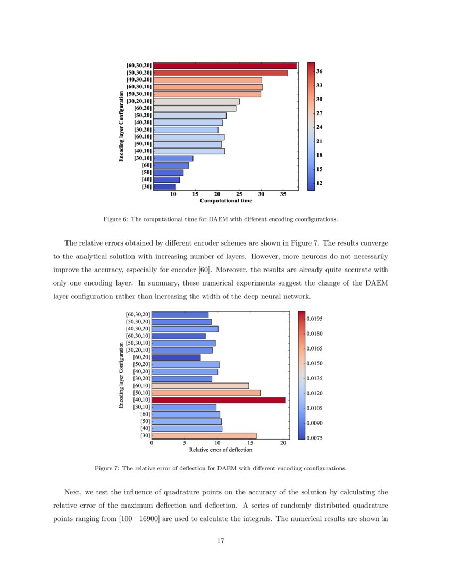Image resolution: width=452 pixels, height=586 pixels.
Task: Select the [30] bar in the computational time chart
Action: tap(164, 187)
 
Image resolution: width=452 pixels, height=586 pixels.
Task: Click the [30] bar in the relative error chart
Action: tap(204, 436)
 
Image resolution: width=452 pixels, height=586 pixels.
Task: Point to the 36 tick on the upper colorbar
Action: tap(320, 71)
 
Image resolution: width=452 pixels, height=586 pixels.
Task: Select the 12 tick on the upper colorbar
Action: tap(320, 183)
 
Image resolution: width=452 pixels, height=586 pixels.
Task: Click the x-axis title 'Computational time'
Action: tap(225, 201)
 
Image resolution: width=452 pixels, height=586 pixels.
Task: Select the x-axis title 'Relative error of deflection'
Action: tap(221, 450)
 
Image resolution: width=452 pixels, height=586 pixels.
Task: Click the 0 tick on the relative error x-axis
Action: tap(152, 443)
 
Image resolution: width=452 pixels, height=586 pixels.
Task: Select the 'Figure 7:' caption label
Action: tap(106, 468)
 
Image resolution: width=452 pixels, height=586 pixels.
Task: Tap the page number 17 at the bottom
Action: tap(221, 541)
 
